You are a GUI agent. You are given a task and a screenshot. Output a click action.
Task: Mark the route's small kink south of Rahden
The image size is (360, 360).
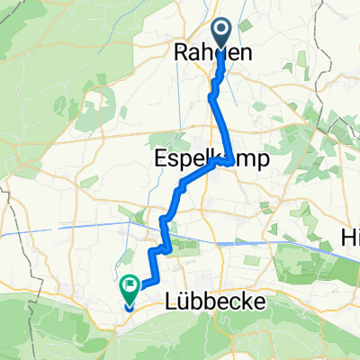click(x=214, y=89)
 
